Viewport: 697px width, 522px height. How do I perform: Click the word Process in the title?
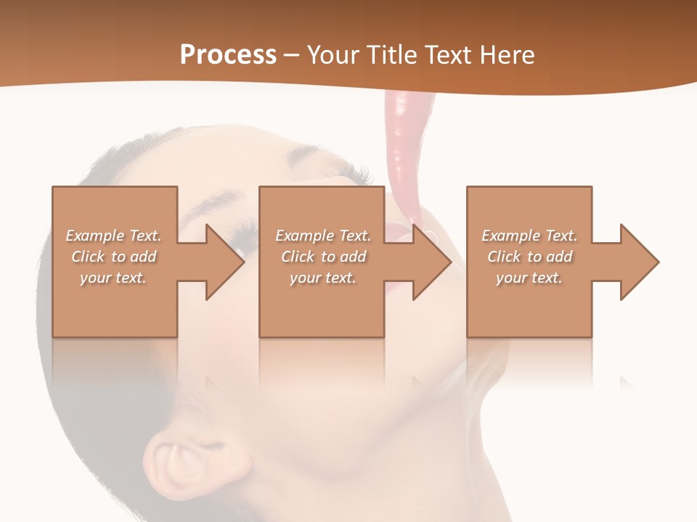click(x=228, y=55)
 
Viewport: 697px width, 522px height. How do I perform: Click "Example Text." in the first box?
click(x=114, y=236)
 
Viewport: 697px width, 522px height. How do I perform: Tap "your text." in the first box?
click(x=114, y=278)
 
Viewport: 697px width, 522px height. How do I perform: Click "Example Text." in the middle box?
click(x=323, y=236)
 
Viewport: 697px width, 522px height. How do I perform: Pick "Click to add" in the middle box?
click(x=323, y=257)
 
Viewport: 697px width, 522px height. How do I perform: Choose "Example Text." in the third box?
click(x=529, y=236)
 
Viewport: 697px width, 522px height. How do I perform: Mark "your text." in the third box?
click(x=529, y=278)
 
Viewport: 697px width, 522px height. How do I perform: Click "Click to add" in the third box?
click(x=529, y=257)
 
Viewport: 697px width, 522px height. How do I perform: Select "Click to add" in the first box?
click(x=114, y=257)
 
